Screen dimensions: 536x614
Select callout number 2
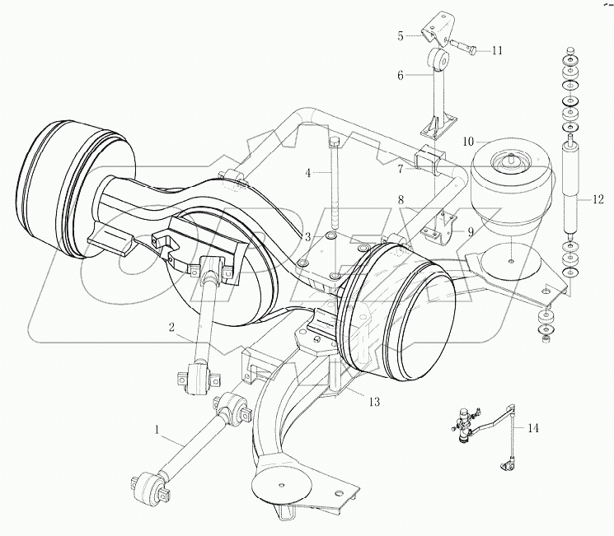coord(171,328)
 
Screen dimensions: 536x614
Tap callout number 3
coord(307,237)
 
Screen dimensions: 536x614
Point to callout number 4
coord(307,173)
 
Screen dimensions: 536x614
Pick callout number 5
coord(401,35)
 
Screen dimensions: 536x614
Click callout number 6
coord(401,75)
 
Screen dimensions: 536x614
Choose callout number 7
coord(401,170)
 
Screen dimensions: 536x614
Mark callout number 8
coord(401,199)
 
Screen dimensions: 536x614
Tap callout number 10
coord(467,142)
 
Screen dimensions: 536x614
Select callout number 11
coord(497,50)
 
